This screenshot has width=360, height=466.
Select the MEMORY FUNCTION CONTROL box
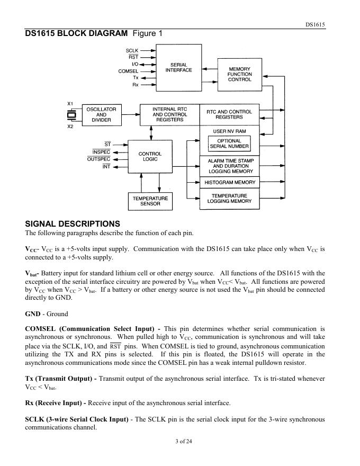pos(239,74)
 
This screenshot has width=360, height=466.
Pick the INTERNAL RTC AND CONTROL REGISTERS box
pos(169,114)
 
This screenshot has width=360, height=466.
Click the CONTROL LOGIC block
pos(150,157)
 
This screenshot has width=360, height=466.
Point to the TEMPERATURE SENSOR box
pos(150,201)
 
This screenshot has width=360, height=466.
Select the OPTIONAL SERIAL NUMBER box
pos(229,144)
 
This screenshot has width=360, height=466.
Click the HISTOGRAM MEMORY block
pos(229,182)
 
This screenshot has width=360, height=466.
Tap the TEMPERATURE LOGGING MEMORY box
pos(229,199)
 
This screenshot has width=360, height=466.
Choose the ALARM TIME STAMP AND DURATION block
pos(229,166)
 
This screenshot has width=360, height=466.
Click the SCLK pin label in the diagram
pos(132,50)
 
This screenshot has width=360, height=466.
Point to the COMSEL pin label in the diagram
pos(128,71)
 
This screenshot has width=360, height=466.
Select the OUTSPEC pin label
pos(99,159)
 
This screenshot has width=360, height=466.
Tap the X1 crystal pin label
pos(70,103)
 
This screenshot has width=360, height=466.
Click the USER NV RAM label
pos(229,131)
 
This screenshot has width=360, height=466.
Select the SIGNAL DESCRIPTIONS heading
pos(73,223)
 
